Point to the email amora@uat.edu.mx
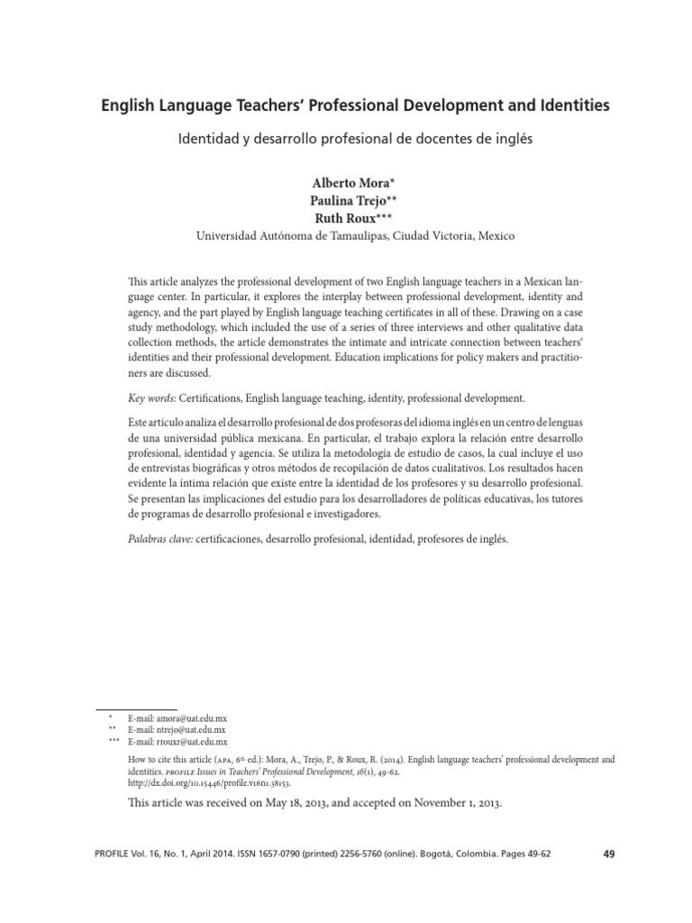pyautogui.click(x=189, y=716)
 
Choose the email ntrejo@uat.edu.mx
pyautogui.click(x=188, y=728)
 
